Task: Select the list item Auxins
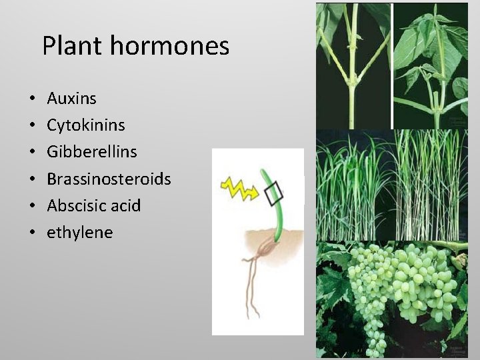[x=71, y=99]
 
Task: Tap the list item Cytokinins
[x=85, y=125]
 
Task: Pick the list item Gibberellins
[x=91, y=152]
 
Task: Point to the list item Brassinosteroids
[x=109, y=179]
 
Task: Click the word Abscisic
[x=74, y=205]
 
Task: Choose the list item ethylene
[x=79, y=233]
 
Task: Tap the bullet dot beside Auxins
[x=32, y=99]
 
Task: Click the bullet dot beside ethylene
[x=32, y=233]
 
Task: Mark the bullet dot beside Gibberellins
[x=32, y=153]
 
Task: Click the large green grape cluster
[x=393, y=287]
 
